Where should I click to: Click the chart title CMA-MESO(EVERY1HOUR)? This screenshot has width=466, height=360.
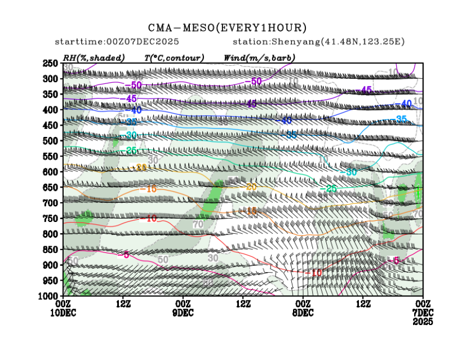[228, 28]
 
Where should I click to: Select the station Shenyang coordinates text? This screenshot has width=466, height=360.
[318, 42]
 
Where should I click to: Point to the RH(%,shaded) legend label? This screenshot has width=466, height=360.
[94, 57]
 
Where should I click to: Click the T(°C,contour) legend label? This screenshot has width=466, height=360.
[174, 57]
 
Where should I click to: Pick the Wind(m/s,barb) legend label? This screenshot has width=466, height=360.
[259, 57]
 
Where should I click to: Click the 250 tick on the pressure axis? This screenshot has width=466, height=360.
[50, 63]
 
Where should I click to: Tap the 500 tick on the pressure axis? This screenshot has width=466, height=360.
[50, 140]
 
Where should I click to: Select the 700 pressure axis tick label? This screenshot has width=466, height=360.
[50, 202]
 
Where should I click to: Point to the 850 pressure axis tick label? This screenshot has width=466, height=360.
[50, 249]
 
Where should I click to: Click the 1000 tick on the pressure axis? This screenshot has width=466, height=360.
[48, 296]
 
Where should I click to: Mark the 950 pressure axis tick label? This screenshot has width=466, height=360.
[50, 280]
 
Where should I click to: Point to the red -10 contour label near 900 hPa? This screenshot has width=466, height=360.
[316, 273]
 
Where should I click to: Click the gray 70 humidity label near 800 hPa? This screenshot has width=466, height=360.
[198, 224]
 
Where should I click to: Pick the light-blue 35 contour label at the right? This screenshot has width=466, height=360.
[401, 119]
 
